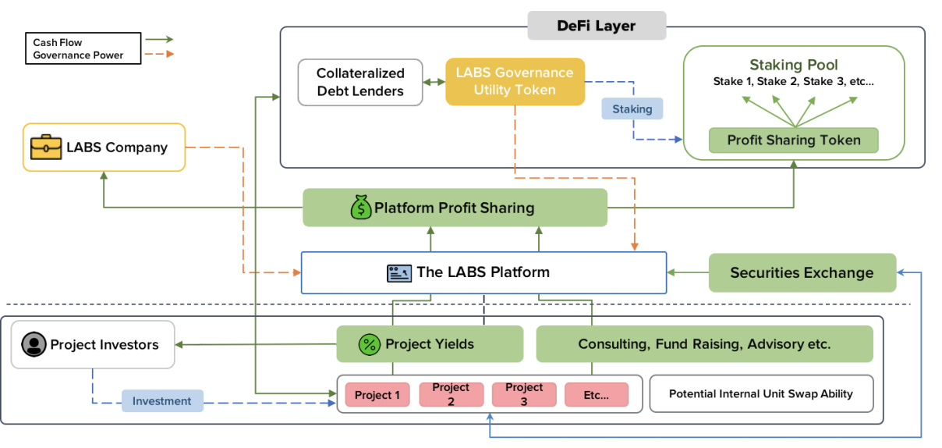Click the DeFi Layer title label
click(x=597, y=26)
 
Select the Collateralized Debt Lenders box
click(x=360, y=82)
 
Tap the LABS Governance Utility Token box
click(x=515, y=82)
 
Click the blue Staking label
click(x=632, y=109)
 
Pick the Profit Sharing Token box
click(x=794, y=140)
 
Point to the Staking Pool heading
click(x=794, y=65)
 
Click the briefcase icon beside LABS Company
click(x=45, y=147)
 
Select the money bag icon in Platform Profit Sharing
click(x=361, y=208)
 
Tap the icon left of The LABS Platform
click(x=398, y=272)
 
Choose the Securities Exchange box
click(x=802, y=273)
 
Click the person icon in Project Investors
click(x=32, y=344)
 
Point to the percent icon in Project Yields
click(x=368, y=344)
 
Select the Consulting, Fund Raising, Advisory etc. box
click(x=704, y=344)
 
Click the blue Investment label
click(x=162, y=401)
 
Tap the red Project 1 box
click(x=377, y=395)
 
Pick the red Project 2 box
click(x=450, y=394)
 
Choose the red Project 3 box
click(x=523, y=394)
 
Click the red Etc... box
click(x=596, y=395)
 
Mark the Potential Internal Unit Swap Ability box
click(x=760, y=394)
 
